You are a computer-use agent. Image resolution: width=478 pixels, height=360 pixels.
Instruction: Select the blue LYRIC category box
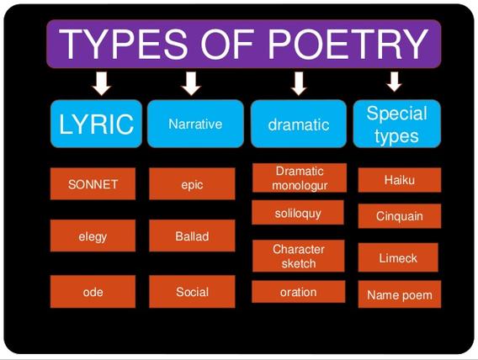96,124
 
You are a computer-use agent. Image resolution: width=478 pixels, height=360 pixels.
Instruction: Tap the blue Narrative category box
195,124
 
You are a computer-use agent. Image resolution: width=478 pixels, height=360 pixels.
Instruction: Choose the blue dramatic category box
298,124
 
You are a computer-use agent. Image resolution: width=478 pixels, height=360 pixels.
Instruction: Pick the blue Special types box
396,124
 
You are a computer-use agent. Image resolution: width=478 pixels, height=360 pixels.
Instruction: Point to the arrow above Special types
392,82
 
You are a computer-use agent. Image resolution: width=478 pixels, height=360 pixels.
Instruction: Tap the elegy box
93,236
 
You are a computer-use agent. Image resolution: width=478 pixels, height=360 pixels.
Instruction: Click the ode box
93,292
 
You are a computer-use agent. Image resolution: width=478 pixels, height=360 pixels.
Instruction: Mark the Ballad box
192,236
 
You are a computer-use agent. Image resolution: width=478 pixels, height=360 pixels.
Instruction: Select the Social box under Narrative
192,292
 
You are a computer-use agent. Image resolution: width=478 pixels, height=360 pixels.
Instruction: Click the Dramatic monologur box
299,177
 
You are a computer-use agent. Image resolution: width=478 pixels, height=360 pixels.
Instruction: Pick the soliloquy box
298,214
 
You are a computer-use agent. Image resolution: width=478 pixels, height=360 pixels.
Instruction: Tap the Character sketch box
298,256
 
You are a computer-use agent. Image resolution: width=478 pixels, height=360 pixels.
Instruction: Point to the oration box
298,292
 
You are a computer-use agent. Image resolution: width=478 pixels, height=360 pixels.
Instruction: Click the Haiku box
399,180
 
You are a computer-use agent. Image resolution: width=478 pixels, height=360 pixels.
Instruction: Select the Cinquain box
399,216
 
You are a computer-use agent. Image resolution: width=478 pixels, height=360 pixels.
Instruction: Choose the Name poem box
399,295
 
